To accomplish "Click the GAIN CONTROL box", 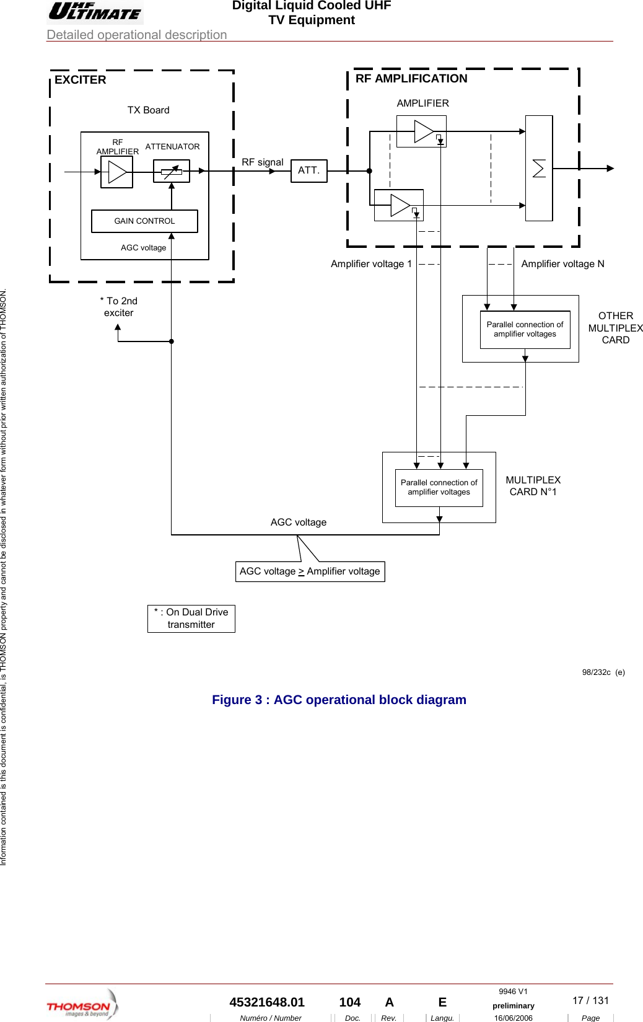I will click(144, 221).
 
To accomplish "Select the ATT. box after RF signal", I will click(308, 170).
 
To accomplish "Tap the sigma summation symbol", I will click(539, 169).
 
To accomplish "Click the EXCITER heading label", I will click(81, 80).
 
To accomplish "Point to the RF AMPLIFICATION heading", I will click(411, 79).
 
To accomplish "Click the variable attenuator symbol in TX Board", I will click(172, 172).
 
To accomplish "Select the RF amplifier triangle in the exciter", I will click(116, 172).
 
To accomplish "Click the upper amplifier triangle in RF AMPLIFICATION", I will click(423, 131).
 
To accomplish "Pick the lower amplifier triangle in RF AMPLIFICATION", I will click(400, 205).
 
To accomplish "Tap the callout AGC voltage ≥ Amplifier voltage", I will click(310, 571).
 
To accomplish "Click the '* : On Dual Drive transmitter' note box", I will click(191, 619).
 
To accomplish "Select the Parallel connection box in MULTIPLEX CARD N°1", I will click(439, 488).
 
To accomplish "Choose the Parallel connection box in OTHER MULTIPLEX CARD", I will click(525, 330).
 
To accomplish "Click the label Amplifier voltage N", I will click(562, 264).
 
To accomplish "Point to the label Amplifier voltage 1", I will click(371, 264).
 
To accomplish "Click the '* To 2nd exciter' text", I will click(119, 307).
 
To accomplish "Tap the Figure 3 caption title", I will click(339, 700).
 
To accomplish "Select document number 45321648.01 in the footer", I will click(267, 1002).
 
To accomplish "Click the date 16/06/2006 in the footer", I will click(513, 1018).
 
